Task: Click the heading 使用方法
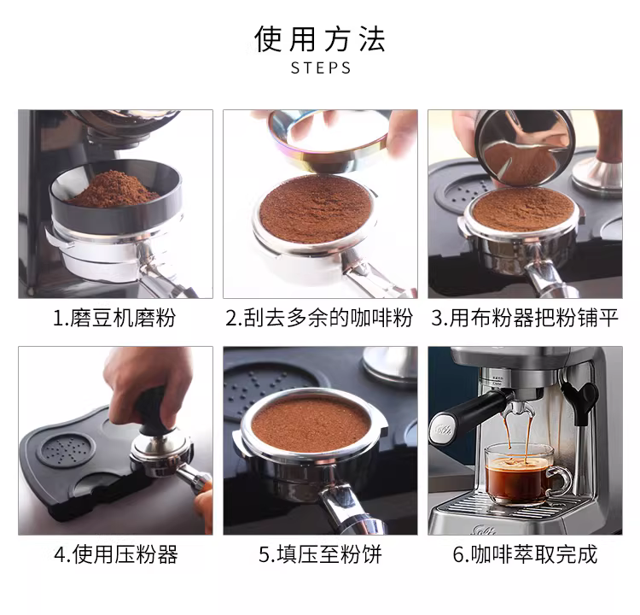coord(320,39)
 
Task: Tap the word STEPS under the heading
coord(321,67)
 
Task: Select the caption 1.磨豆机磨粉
coord(114,318)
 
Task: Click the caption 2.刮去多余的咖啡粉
coord(319,318)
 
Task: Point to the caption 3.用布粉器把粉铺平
coord(525,318)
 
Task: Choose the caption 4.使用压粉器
coord(116,554)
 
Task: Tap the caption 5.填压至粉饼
coord(320,554)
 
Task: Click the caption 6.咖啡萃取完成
coord(525,554)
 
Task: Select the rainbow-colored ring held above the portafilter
coord(329,142)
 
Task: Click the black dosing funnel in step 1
coord(115,199)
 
